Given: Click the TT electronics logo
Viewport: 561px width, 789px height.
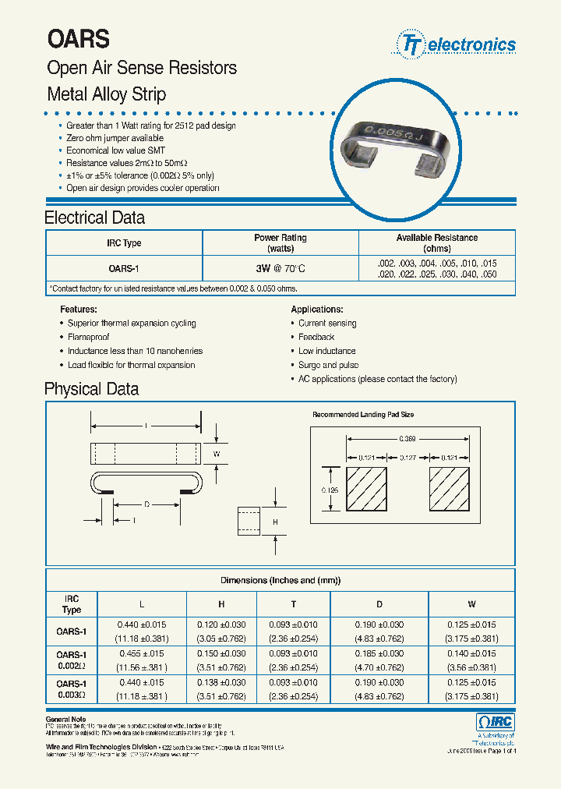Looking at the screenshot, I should pos(457,44).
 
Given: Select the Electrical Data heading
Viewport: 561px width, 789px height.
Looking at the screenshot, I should pos(94,218).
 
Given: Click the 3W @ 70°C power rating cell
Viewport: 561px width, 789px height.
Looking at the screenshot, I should pos(280,269).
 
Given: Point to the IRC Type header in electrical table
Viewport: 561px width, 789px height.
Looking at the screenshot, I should pos(124,243).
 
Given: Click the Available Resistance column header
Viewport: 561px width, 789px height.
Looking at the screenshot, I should pos(436,242).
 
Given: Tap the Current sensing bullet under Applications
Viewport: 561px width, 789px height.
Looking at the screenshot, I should pos(327,323).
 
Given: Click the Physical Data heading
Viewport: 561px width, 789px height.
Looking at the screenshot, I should pos(91,389).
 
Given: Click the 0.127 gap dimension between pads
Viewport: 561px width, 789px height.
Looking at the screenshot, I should pos(407,458).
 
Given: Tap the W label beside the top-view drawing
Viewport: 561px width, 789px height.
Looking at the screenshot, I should pos(217,453).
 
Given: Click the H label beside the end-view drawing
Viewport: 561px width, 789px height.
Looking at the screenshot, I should pos(274,521).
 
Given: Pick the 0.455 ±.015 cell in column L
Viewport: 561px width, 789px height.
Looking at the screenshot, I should pos(140,653).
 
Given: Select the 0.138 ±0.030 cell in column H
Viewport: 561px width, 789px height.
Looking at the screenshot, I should pos(222,682).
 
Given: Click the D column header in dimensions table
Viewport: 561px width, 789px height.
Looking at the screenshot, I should pos(379,604).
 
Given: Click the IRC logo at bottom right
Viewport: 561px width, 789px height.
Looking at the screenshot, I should pos(495,722).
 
